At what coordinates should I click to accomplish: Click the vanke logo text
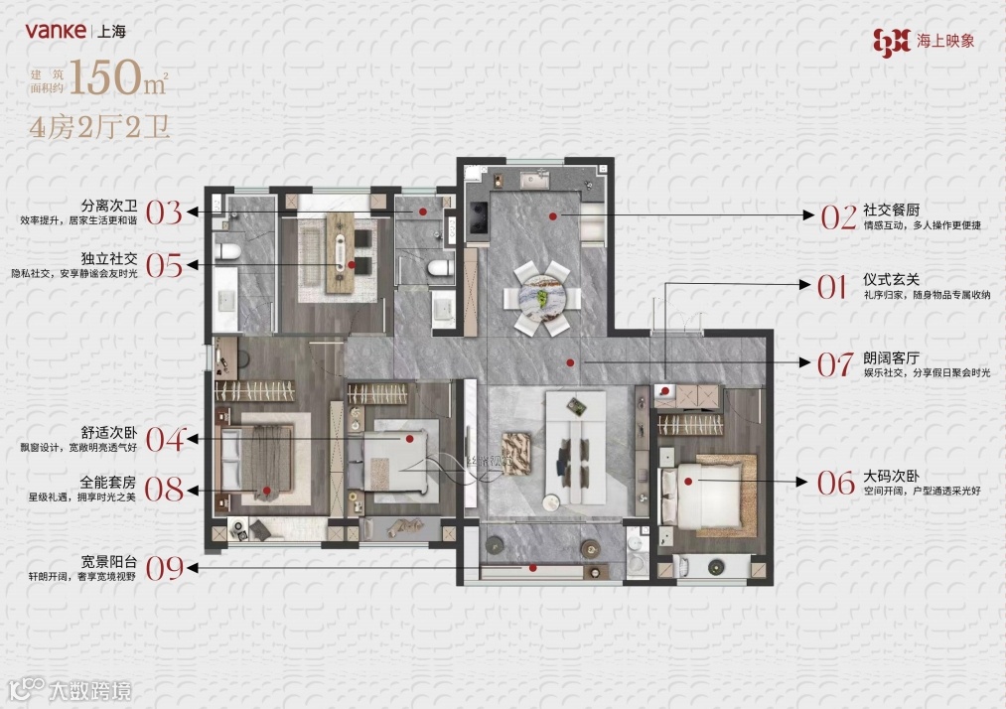pos(56,30)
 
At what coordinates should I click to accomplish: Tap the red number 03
pos(164,213)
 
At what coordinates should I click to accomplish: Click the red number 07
pos(835,364)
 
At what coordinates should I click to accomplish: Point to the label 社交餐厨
pos(891,210)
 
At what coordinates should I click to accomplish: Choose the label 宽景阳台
pos(109,561)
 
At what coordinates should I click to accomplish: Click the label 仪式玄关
pos(891,279)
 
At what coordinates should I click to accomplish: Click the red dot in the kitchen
pos(553,216)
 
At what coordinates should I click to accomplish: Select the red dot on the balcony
pos(532,568)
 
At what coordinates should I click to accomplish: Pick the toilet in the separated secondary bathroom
pos(227,251)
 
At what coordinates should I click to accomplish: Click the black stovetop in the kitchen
pos(479,218)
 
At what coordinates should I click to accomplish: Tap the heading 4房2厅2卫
pos(99,128)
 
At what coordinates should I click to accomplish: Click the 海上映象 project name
pos(945,41)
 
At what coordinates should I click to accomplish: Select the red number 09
pos(164,568)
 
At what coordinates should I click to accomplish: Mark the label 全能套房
pos(108,482)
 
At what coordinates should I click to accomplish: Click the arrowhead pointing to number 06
pos(802,482)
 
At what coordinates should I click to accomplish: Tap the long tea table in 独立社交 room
pos(340,253)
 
